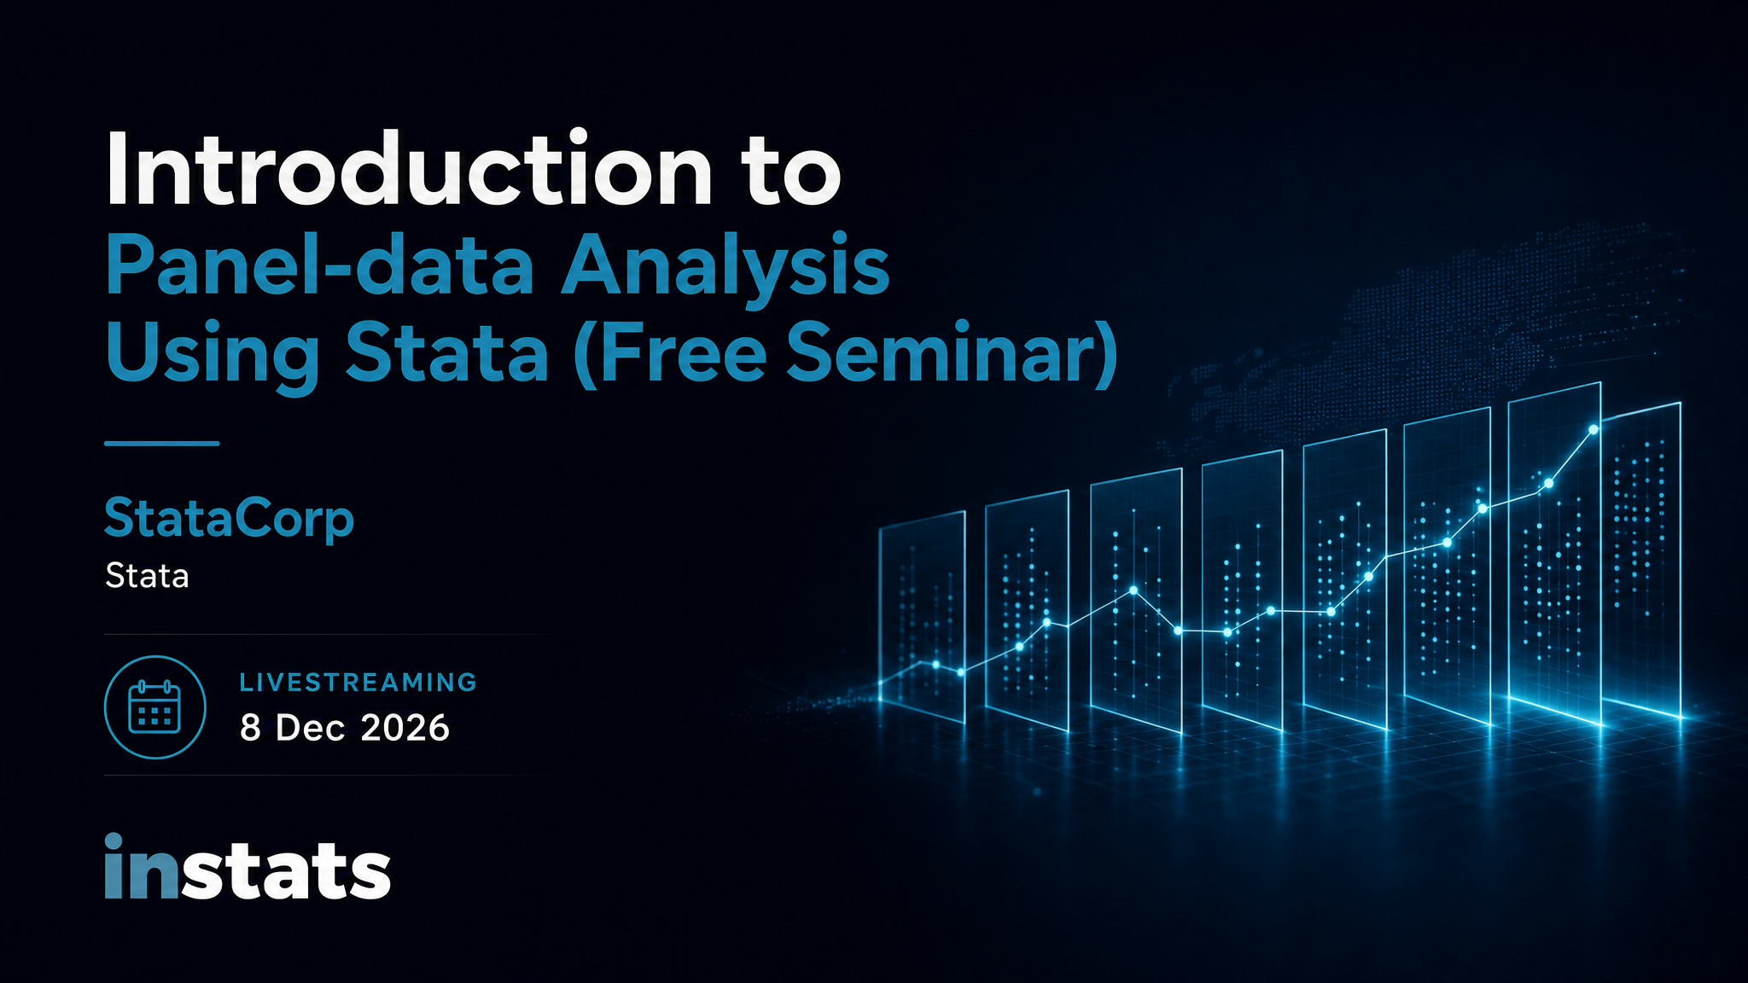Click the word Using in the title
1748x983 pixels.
tap(213, 356)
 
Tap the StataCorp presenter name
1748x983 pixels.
tap(229, 520)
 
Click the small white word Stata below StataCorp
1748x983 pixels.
tap(147, 576)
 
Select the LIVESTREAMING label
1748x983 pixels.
tap(358, 683)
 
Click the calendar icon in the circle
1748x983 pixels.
tap(154, 707)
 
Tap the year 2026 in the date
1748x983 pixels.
tap(405, 729)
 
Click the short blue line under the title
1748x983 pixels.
tap(162, 444)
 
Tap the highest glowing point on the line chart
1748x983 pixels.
tap(1594, 429)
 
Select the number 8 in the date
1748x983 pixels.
tap(250, 729)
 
